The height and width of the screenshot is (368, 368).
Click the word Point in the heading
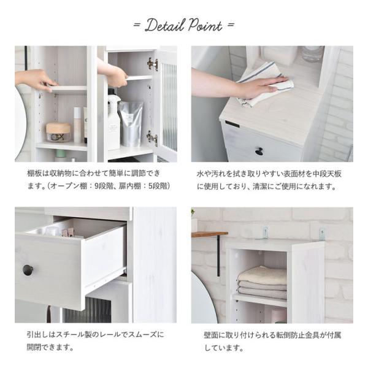[204, 26]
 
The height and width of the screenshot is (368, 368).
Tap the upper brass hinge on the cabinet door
[152, 64]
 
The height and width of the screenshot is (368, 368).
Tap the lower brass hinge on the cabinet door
[151, 137]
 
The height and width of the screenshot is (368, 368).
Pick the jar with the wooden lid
[59, 131]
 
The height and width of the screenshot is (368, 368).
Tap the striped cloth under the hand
[264, 83]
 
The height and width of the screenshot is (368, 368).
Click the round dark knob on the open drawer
[28, 270]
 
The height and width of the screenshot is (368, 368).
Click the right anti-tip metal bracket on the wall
[321, 234]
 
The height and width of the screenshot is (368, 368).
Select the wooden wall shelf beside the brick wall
[209, 234]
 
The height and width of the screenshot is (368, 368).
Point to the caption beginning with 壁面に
[272, 342]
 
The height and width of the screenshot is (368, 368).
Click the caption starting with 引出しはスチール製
[94, 341]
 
